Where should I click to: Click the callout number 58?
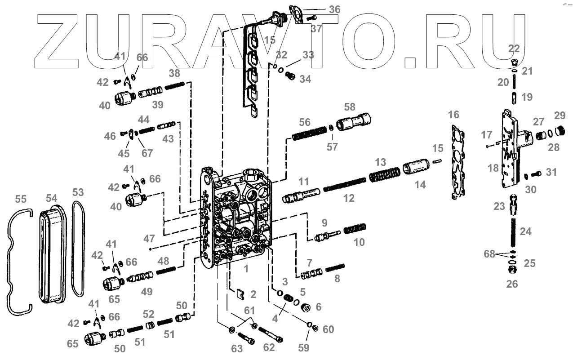coord(350,107)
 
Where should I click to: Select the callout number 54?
coord(51,198)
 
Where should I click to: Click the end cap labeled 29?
coord(560,131)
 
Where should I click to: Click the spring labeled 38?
coord(175,85)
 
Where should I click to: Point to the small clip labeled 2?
coord(240,294)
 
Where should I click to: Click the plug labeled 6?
coord(306,308)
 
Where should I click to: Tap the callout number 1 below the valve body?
coord(246,269)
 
